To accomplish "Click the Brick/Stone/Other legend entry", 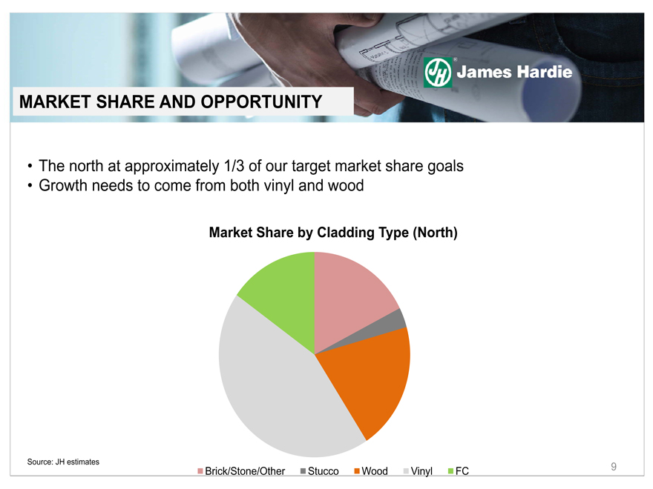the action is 241,471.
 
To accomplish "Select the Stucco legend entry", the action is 319,471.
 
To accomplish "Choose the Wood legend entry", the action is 370,471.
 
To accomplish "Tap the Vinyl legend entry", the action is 418,471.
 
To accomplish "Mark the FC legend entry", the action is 458,471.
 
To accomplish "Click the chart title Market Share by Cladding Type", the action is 309,233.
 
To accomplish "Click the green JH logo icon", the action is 438,73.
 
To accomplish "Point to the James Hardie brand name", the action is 514,72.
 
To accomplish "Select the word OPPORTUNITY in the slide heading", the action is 261,102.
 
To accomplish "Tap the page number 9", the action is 614,467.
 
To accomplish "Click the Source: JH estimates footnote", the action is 63,462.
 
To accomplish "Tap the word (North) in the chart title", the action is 435,233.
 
